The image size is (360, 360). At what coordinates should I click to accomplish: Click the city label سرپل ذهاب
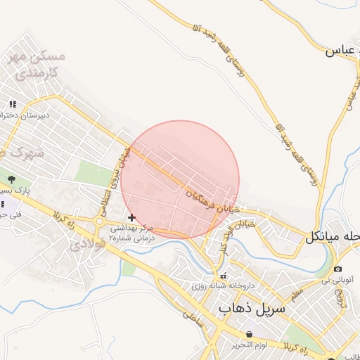(251, 308)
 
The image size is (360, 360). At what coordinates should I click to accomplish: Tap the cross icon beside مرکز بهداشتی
(131, 218)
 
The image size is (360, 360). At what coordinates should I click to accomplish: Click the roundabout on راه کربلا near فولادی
(101, 222)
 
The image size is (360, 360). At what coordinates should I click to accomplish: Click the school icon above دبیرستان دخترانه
(13, 104)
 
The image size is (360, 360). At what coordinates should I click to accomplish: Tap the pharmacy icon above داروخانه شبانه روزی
(224, 276)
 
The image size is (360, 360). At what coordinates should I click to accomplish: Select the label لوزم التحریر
(249, 345)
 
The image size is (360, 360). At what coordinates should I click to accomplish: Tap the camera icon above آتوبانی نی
(338, 269)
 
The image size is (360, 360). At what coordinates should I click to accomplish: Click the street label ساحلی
(191, 316)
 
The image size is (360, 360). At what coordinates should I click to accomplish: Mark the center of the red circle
(181, 180)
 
